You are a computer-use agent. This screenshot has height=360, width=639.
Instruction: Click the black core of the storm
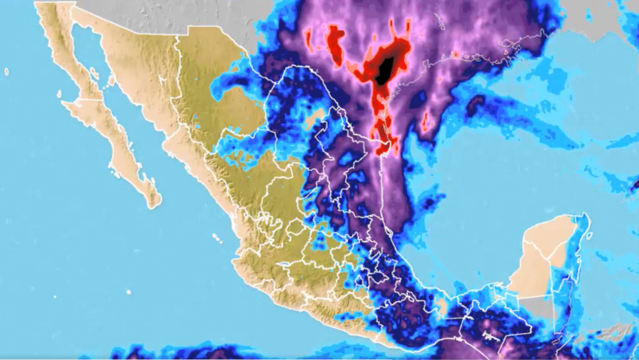(x=389, y=66)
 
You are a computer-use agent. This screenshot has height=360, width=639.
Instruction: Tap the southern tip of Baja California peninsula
(x=153, y=204)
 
